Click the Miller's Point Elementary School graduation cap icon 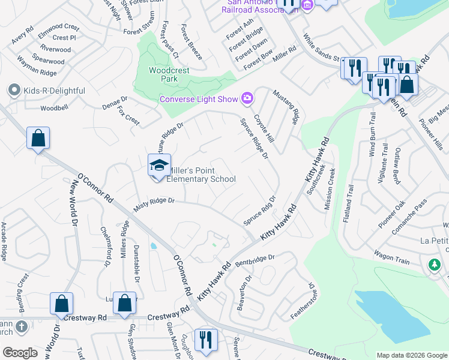[x=160, y=166]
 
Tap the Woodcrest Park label [x=169, y=74]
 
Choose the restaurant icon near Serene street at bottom [x=205, y=340]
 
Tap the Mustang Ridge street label [x=285, y=106]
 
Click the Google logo [x=20, y=353]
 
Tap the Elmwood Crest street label [x=58, y=28]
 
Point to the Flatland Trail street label [x=349, y=204]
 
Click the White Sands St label [x=322, y=51]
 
